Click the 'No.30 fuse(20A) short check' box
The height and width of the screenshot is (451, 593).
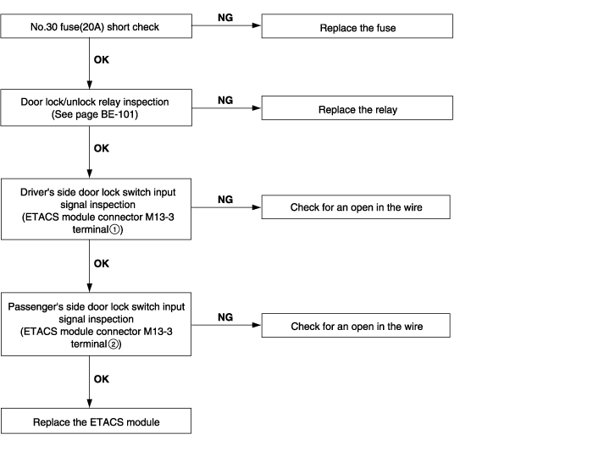click(x=96, y=26)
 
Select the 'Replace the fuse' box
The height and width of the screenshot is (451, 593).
click(x=357, y=26)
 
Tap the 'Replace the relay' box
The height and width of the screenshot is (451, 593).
click(x=357, y=108)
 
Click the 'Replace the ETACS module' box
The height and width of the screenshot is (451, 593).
click(x=96, y=421)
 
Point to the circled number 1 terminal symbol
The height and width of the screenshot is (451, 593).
click(x=114, y=229)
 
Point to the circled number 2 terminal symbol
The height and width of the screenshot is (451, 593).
click(x=113, y=344)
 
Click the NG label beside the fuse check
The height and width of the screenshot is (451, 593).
click(x=225, y=18)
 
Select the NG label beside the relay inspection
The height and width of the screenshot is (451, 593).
click(x=225, y=100)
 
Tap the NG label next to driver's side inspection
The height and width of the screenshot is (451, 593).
click(x=225, y=200)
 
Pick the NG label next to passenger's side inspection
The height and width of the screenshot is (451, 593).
click(x=225, y=317)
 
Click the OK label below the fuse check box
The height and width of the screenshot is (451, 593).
click(x=102, y=60)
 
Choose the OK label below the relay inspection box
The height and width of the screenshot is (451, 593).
click(x=102, y=148)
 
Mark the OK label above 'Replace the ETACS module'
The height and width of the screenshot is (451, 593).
click(x=102, y=379)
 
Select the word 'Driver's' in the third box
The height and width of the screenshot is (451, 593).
click(x=37, y=192)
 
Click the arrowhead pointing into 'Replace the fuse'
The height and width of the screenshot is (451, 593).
click(x=257, y=25)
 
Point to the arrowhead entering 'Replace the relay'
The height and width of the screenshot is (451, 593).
click(x=257, y=108)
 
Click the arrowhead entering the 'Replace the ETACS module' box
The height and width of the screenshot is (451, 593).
click(x=90, y=404)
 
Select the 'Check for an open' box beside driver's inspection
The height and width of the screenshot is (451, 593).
click(x=356, y=207)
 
